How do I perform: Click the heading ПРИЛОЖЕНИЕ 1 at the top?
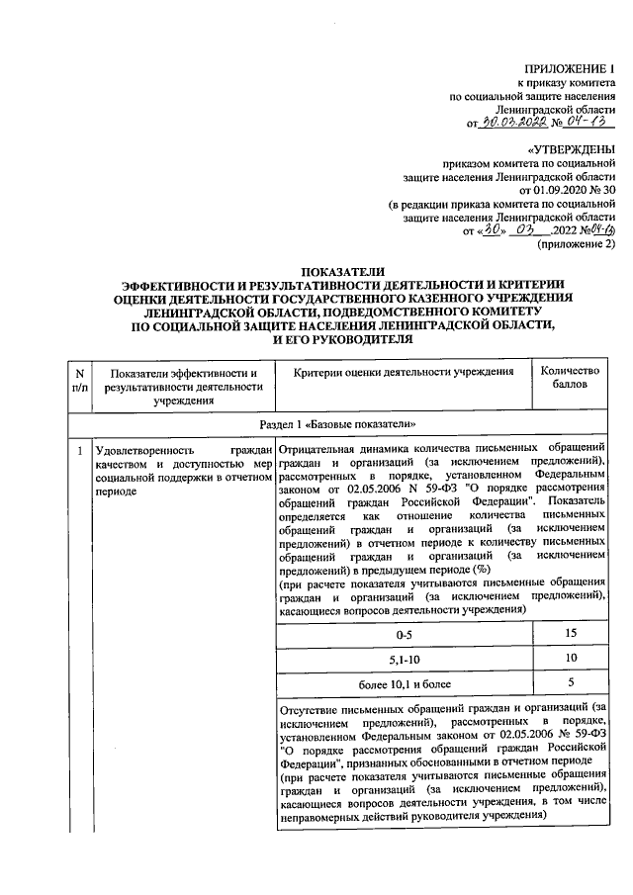coord(571,69)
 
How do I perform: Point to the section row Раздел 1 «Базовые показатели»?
coord(343,423)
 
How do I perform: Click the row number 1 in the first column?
coord(78,452)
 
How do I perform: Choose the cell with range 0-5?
coord(404,633)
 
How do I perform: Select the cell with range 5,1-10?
coord(404,658)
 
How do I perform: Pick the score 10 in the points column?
coord(571,658)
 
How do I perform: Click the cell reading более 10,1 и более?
coord(404,682)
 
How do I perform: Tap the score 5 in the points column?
coord(571,682)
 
